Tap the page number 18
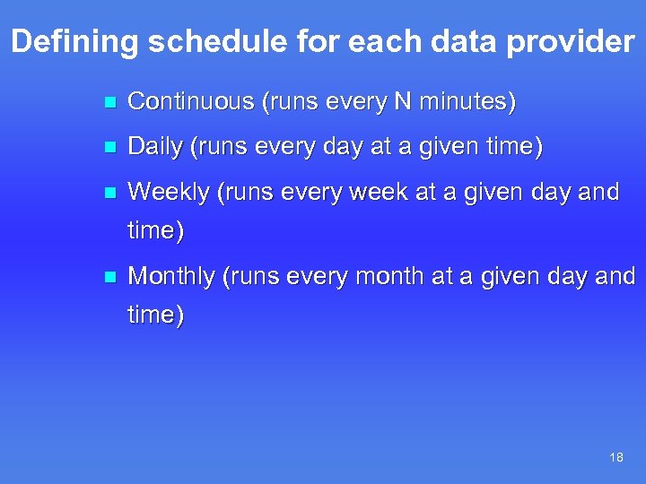point(615,458)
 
